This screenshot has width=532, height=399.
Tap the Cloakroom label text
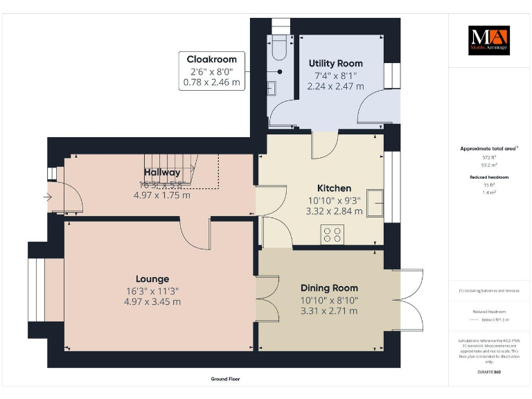coord(211,60)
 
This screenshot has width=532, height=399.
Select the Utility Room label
coord(335,63)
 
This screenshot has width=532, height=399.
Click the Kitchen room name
coord(334,188)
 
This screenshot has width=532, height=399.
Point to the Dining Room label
coord(329,287)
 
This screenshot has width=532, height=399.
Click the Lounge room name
coord(152,278)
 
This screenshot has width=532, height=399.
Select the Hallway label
coord(162,172)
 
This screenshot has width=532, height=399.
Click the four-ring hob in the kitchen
coord(332,235)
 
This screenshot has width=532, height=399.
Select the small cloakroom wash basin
coord(272,88)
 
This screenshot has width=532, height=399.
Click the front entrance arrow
coord(46,197)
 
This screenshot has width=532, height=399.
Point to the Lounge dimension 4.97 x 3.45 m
coord(152,301)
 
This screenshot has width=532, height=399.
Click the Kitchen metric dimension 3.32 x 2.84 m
coord(334,211)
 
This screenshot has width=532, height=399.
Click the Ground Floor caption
coord(225,379)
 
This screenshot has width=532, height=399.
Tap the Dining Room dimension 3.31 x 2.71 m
coord(329,310)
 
